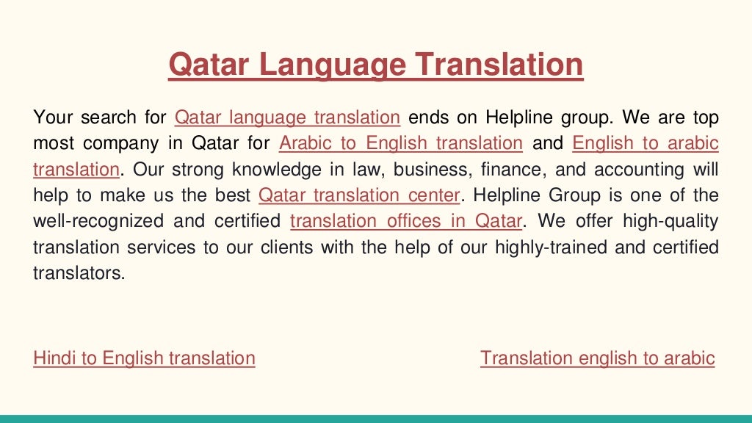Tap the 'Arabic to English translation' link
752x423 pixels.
[401, 142]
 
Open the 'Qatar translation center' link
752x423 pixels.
[361, 195]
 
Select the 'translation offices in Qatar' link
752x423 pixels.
[406, 221]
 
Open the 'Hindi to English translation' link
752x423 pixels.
[144, 358]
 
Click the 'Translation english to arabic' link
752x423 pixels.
[597, 358]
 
